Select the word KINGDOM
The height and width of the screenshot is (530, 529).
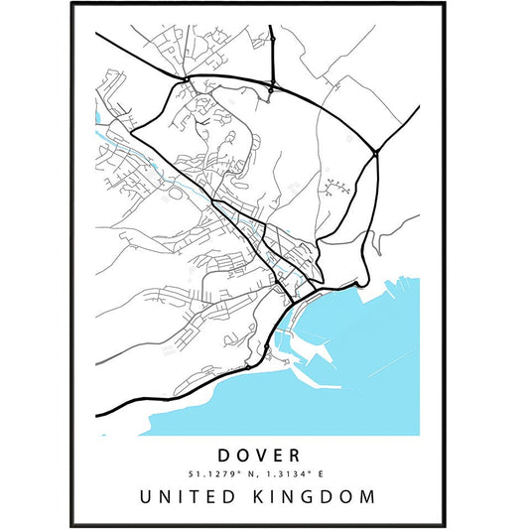pos(317,495)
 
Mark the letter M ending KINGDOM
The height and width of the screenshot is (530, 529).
pos(369,495)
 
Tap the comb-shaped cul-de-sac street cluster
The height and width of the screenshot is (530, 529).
pos(336,186)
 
